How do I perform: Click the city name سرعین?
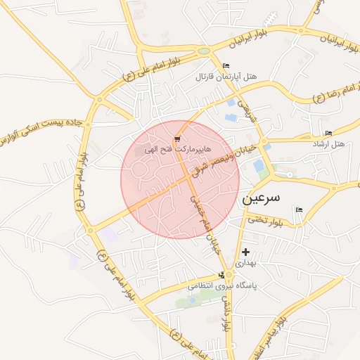pos(261,198)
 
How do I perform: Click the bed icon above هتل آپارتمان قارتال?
pos(226,66)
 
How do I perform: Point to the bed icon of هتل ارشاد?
pos(328,134)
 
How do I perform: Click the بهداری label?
pos(245,262)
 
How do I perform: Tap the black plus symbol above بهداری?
pos(245,252)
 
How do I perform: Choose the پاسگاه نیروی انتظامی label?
pos(222,286)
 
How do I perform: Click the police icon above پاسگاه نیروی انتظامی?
pos(222,275)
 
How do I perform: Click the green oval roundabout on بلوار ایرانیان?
pos(204,51)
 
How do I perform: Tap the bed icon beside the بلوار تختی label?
pos(300,210)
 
